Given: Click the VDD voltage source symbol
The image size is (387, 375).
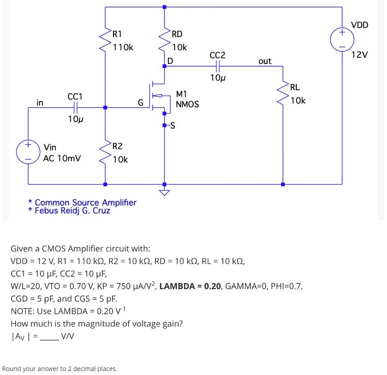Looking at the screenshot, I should point(342,39).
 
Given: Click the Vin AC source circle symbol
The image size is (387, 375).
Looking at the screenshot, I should point(28,151).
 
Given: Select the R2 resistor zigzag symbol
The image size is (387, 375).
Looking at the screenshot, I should point(105,152).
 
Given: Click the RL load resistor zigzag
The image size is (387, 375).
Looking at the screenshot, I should point(283,94).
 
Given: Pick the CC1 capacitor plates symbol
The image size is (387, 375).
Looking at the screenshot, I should point(75,107).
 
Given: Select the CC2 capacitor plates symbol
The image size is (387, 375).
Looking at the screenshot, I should point(218,66).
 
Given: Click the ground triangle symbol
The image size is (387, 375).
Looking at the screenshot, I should point(165,192).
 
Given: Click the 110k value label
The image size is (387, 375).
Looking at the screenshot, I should point(123,47).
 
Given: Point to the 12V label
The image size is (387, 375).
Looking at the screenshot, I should point(359,55).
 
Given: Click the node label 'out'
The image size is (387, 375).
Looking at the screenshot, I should point(265,61).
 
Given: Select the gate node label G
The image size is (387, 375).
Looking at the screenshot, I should point(141,103).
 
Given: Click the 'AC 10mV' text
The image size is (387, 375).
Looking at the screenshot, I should point(62,158).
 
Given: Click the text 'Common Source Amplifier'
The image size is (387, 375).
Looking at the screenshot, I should point(85,203).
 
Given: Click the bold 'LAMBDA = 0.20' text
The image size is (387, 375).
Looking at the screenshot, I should point(190,286).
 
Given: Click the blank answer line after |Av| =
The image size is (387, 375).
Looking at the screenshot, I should point(49,337).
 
